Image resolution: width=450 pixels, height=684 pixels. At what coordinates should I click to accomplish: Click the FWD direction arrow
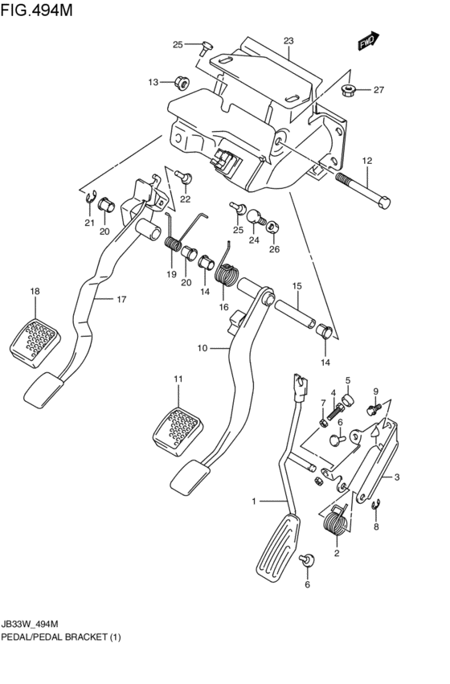369,40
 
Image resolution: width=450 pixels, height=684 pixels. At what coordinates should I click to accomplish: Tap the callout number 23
288,41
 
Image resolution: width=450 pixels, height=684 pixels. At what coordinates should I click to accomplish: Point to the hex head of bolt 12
383,202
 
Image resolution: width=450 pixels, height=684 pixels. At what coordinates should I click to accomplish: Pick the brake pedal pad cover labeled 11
178,431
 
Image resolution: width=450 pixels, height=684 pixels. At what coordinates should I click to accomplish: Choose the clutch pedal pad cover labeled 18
35,340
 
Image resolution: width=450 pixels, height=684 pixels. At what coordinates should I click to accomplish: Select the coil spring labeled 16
227,270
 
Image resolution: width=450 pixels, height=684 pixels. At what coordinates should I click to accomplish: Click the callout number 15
297,287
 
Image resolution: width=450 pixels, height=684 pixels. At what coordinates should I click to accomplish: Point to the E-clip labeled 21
89,199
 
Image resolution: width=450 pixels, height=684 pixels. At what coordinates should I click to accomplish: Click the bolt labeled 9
374,409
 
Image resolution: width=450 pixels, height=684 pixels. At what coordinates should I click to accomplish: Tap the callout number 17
121,299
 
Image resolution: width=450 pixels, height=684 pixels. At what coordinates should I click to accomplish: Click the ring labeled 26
273,227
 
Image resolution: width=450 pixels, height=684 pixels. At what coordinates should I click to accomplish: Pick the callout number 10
202,348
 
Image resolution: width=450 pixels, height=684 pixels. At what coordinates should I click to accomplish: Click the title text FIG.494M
37,10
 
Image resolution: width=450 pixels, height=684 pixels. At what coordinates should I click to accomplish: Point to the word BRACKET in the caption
85,637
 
